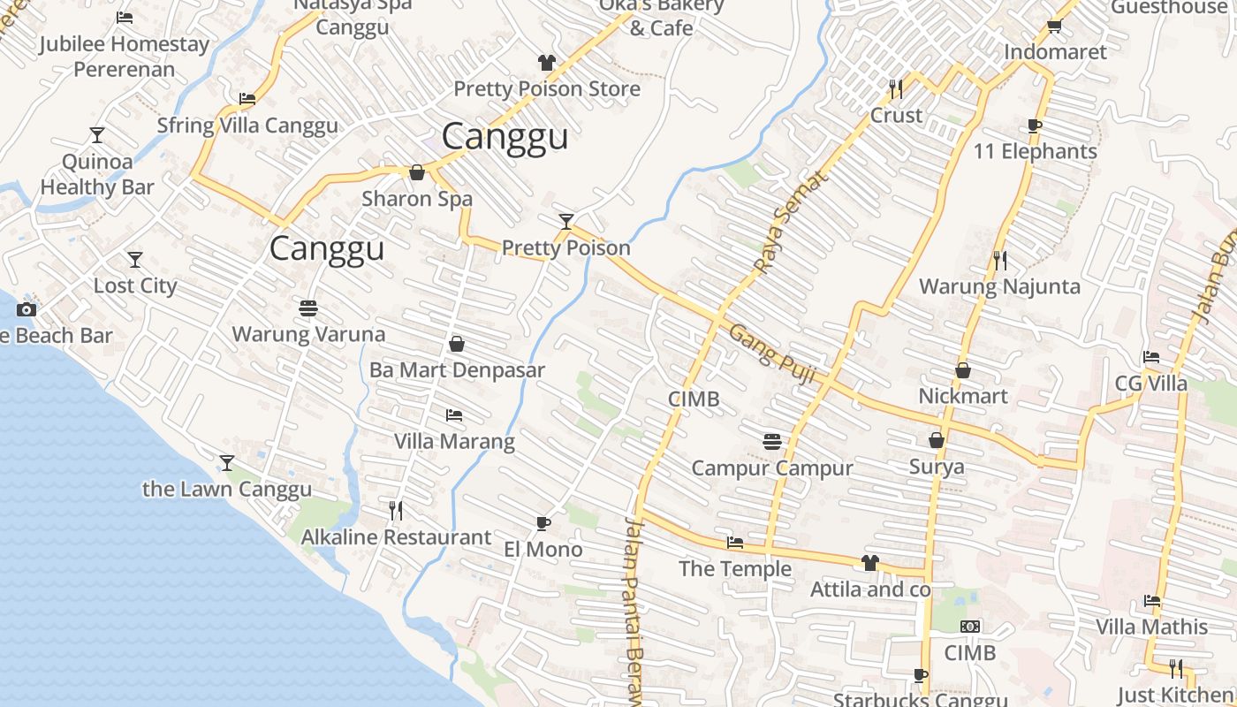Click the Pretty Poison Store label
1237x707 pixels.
(x=547, y=89)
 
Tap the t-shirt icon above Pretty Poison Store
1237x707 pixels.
(x=547, y=63)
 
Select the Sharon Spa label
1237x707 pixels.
(x=417, y=199)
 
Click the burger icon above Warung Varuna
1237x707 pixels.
(x=308, y=308)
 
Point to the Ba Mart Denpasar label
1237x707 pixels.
(x=457, y=370)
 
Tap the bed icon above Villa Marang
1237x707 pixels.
(x=454, y=414)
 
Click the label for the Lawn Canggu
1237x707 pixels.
(x=227, y=489)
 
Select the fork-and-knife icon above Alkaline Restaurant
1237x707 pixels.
(x=396, y=510)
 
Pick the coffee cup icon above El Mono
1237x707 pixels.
(x=543, y=523)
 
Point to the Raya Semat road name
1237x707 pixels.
(x=792, y=220)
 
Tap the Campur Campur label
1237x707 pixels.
(x=772, y=468)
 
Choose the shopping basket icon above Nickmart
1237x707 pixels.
(x=963, y=370)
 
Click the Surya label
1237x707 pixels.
(x=937, y=467)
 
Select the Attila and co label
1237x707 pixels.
(x=870, y=589)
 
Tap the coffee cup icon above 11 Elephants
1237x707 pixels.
(x=1035, y=125)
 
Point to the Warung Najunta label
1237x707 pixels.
(x=999, y=286)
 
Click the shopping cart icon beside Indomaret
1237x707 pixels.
(x=1054, y=26)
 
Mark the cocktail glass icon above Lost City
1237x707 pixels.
(x=135, y=260)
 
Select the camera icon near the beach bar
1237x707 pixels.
(x=27, y=309)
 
